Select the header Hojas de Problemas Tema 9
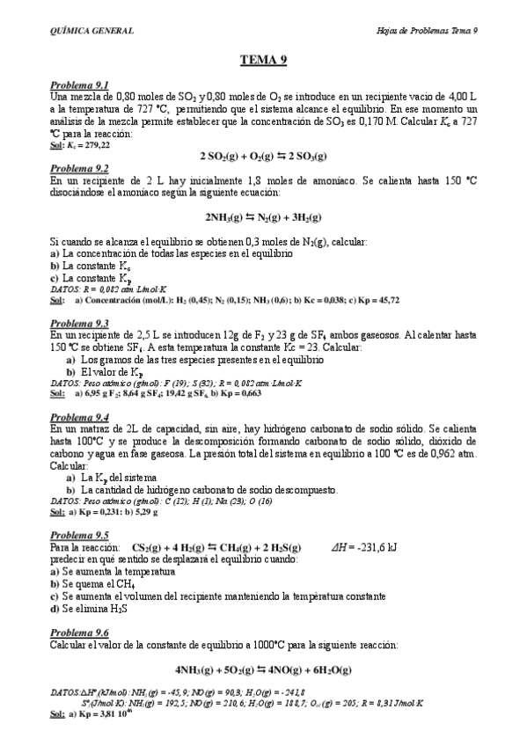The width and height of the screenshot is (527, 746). [421, 31]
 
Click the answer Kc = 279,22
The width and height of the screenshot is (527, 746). [88, 145]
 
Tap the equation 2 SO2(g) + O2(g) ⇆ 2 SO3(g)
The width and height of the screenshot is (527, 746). [263, 157]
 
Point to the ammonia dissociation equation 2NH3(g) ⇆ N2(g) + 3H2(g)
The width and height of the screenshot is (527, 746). [263, 216]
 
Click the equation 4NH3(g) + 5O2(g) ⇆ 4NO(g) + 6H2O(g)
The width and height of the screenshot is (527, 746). [263, 669]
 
